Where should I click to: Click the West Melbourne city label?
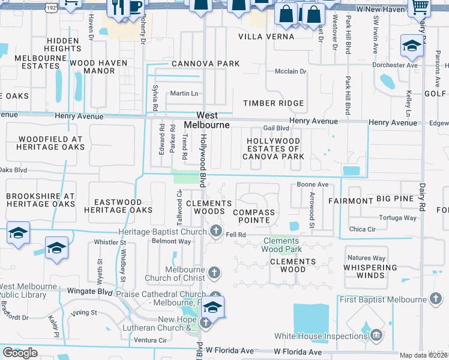tap(206, 120)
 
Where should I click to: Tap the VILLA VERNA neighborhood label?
tap(267, 37)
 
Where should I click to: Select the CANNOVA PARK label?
tap(205, 64)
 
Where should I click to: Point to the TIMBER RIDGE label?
tap(273, 103)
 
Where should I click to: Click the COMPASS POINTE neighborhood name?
tap(253, 217)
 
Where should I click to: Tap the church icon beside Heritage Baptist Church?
tap(215, 230)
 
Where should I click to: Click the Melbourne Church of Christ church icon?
tap(214, 274)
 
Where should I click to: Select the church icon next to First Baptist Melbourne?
tap(436, 299)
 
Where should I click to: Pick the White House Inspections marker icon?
tap(376, 334)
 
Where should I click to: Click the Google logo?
tap(20, 353)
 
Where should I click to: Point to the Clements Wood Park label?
tap(282, 245)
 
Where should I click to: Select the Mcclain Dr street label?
tap(291, 71)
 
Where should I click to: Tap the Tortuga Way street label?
tap(394, 217)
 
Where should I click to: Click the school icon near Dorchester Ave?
tap(411, 45)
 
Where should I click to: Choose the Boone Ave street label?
tap(312, 185)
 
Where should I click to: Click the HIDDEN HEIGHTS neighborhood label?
tap(54, 44)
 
